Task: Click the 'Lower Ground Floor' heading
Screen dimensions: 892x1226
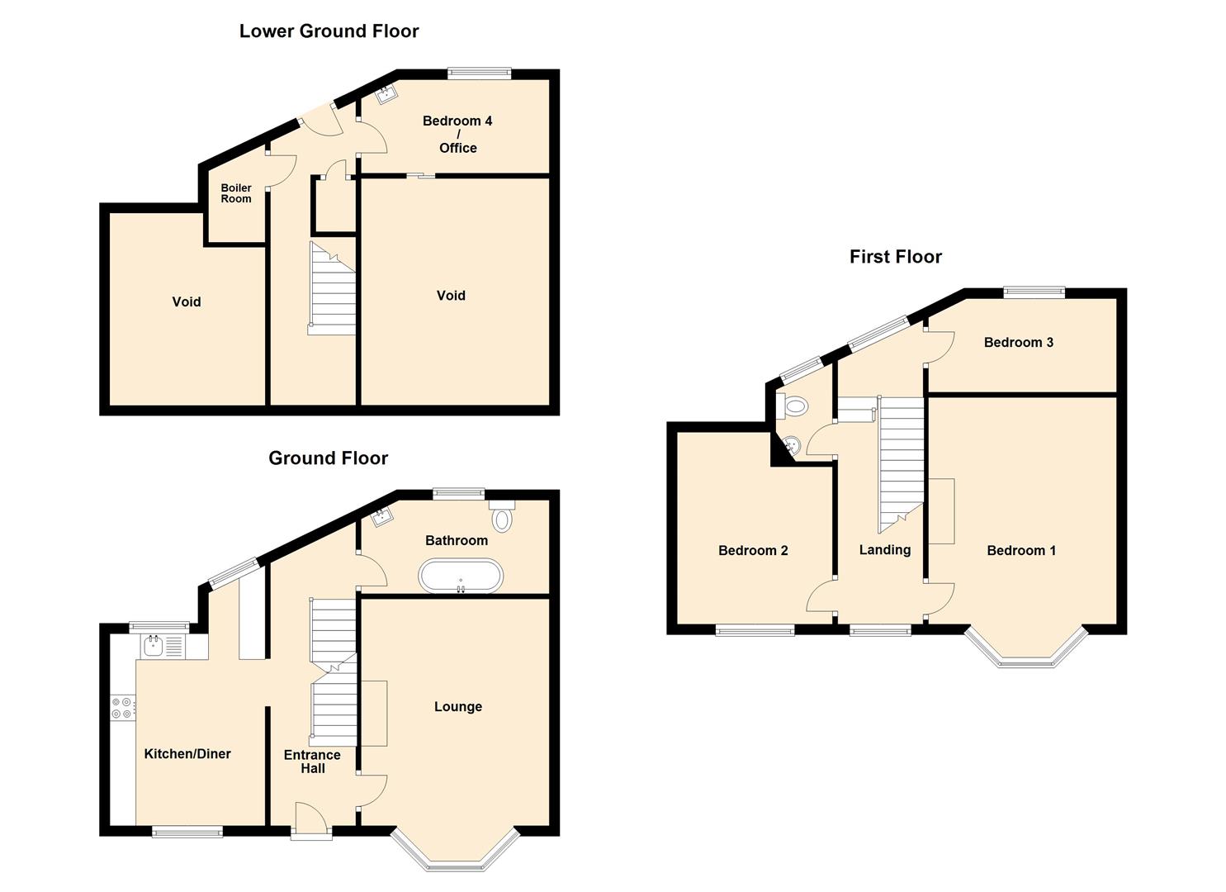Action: tap(329, 31)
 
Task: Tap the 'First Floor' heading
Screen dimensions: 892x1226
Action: tap(895, 257)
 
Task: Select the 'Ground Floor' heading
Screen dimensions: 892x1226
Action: tap(328, 458)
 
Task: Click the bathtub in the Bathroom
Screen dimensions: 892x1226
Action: tap(460, 576)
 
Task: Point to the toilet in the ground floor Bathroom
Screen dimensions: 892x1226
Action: tap(501, 518)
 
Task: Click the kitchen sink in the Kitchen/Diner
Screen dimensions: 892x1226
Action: tap(154, 646)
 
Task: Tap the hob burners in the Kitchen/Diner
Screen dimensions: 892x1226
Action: tap(122, 708)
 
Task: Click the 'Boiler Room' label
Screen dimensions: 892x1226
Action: tap(236, 193)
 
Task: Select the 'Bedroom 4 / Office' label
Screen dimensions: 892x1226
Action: tap(457, 134)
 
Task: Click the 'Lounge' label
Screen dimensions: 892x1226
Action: tap(457, 707)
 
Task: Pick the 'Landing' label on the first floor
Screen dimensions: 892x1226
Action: tap(884, 550)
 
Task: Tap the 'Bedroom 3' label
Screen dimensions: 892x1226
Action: tap(1018, 343)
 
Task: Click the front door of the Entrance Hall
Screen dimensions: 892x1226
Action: tap(311, 823)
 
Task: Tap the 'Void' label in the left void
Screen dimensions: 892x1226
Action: tap(186, 302)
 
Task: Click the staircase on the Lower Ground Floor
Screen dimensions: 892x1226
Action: tap(332, 289)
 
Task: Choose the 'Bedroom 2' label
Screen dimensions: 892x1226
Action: tap(752, 551)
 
